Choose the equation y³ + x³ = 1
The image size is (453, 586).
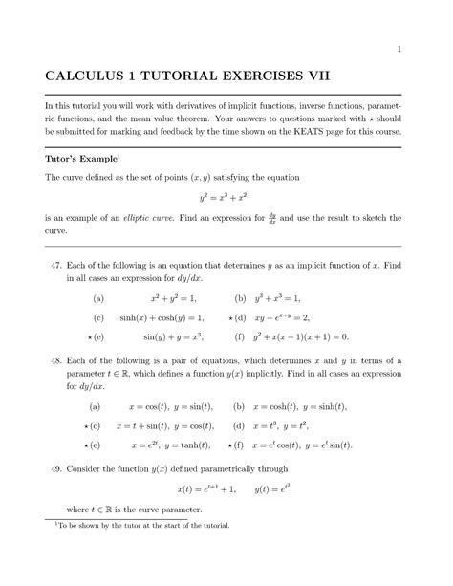(x=290, y=297)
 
